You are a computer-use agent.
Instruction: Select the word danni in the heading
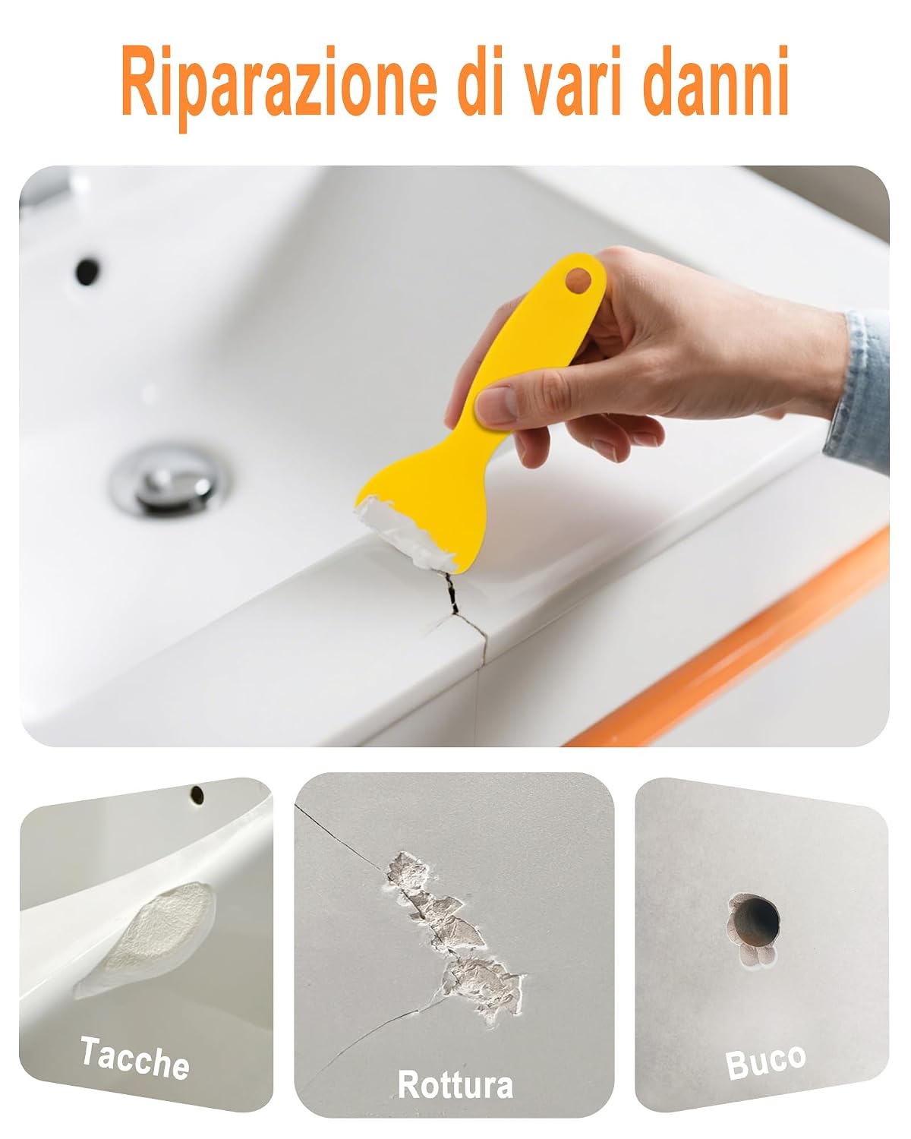(x=716, y=80)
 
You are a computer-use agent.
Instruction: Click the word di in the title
(x=480, y=80)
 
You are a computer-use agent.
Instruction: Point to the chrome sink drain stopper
(x=171, y=480)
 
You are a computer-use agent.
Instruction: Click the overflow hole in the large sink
(x=87, y=271)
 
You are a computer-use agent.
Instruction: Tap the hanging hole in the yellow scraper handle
(x=578, y=280)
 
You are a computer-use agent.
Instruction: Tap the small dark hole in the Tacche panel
(x=197, y=794)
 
